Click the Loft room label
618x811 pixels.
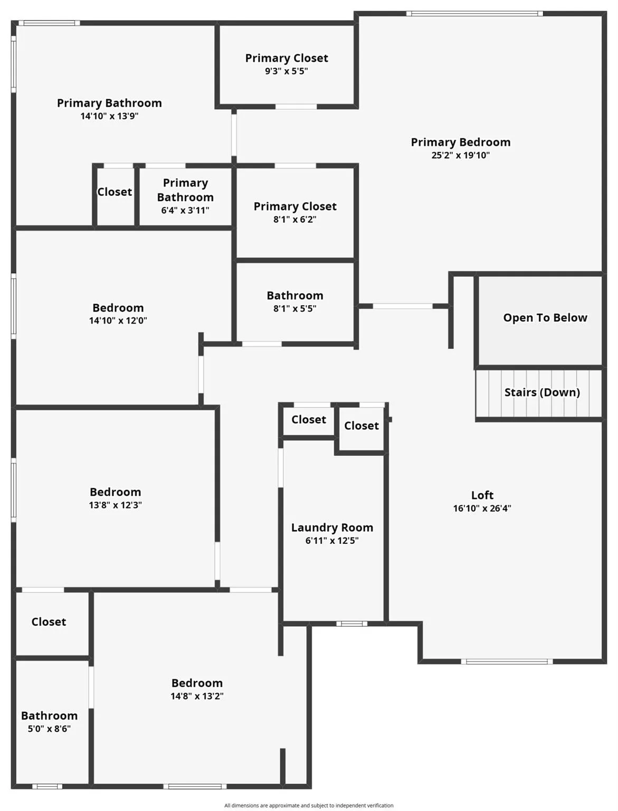tap(482, 495)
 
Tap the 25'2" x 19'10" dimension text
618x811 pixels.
tap(460, 155)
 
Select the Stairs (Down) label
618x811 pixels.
tap(542, 392)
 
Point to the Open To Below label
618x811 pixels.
tap(545, 318)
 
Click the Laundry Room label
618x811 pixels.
tap(332, 527)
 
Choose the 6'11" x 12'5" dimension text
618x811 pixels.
tap(332, 541)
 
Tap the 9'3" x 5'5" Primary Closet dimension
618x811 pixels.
tap(287, 71)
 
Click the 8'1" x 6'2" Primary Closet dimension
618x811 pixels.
tap(294, 220)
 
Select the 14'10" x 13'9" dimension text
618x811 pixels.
tap(109, 116)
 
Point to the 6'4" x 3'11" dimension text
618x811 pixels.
tap(185, 210)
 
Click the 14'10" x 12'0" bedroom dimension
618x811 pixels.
tap(118, 320)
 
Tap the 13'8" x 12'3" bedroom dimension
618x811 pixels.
tap(115, 505)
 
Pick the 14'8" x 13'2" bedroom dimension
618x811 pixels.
tap(197, 696)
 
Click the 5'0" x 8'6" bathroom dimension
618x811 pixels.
tap(49, 729)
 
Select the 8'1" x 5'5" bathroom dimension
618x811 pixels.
tap(294, 308)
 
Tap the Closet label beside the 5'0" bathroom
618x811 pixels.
tap(49, 622)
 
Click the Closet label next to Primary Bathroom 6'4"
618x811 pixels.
tap(115, 192)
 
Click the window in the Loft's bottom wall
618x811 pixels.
tap(507, 662)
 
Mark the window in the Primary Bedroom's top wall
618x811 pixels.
tap(474, 14)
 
